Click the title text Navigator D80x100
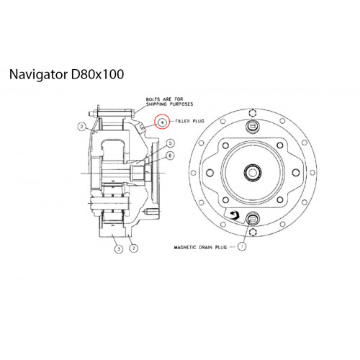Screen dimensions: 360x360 tap(66, 74)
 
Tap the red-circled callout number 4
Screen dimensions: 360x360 tap(163, 122)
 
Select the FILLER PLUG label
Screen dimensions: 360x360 tap(189, 121)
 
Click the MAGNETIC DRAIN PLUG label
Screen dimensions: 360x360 tap(200, 247)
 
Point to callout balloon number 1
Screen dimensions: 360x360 tap(242, 246)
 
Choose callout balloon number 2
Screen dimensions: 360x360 tap(82, 127)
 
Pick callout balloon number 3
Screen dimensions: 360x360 tap(119, 249)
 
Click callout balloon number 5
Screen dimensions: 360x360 tap(171, 143)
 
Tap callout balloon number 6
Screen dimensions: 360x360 tap(171, 156)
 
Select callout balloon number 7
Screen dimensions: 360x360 tap(134, 248)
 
